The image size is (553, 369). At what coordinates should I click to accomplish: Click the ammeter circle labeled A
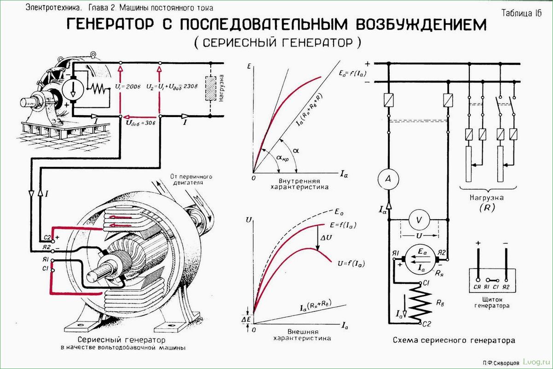point(388,179)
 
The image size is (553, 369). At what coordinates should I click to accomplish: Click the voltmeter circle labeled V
point(418,220)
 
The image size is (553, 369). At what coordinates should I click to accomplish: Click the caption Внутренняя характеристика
point(299,184)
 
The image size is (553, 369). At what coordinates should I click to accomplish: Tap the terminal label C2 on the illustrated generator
point(46,238)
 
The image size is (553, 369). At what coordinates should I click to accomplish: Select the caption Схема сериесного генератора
point(454,340)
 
